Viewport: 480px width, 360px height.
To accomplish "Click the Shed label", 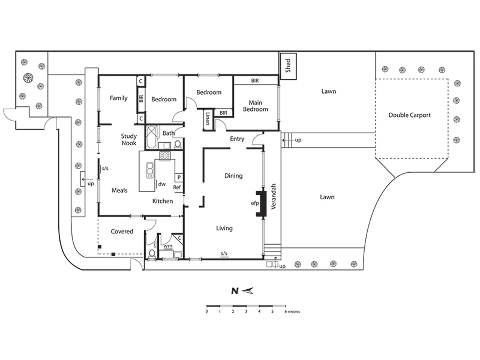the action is (288, 66).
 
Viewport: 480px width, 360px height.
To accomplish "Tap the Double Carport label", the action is (409, 115).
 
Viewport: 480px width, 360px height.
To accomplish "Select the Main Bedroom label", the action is (255, 106).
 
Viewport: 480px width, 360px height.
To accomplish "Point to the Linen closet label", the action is (208, 118).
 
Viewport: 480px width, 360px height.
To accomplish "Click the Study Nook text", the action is (129, 139).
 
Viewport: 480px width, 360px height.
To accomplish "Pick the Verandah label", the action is (274, 196).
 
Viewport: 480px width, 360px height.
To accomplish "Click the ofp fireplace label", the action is (255, 203).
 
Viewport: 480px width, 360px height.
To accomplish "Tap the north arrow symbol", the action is (247, 291).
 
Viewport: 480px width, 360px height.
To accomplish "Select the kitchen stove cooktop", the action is (165, 155).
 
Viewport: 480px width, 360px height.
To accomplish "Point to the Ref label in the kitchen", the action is (177, 187).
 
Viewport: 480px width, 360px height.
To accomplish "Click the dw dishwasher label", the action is (162, 184).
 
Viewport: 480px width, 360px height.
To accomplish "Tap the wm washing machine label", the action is (168, 246).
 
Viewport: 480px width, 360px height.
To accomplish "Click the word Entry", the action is (237, 139).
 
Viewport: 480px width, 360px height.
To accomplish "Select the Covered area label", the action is (122, 231).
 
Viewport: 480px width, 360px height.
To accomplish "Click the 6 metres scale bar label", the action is (292, 312).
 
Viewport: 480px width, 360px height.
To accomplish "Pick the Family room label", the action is (118, 98).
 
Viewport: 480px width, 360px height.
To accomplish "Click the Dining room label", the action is (233, 176).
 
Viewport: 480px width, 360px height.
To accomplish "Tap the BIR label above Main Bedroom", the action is (255, 81).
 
